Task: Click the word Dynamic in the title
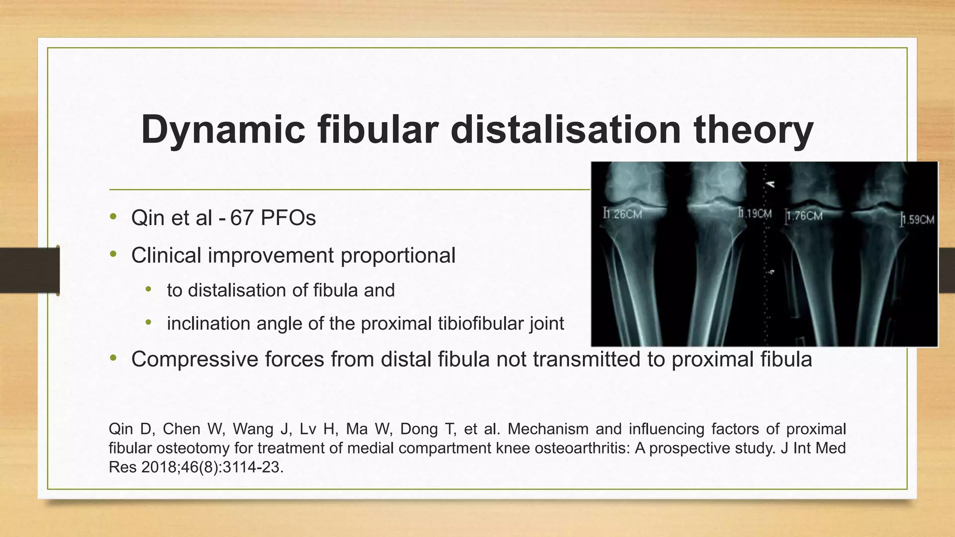coord(223,130)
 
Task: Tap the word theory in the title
coord(753,130)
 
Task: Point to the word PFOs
coord(288,218)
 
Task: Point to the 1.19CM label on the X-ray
coord(756,214)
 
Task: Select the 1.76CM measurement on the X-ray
coord(805,216)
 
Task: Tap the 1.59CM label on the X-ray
coord(918,220)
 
